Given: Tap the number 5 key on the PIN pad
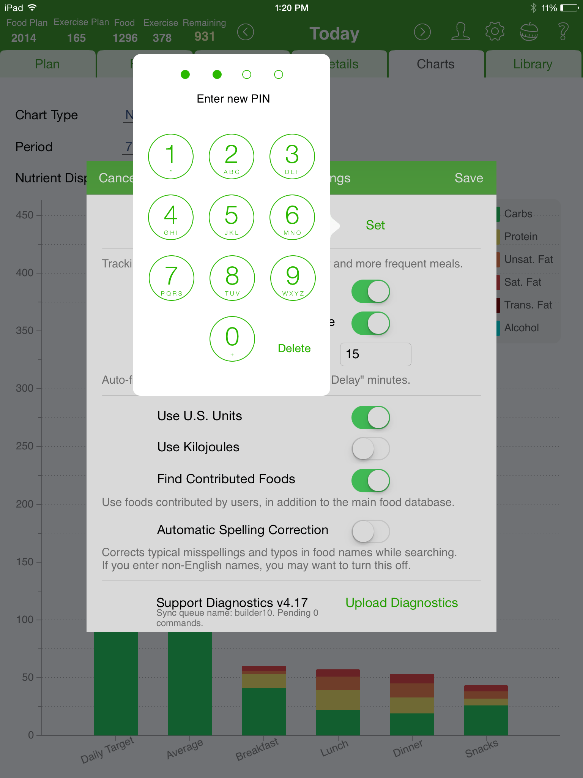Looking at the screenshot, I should tap(232, 217).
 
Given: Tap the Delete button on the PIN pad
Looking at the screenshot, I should tap(294, 348).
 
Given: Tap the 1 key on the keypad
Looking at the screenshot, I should tap(171, 157).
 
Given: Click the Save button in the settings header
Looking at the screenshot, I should tap(469, 178).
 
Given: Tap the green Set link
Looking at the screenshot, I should tap(375, 225).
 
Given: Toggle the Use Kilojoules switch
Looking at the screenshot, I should tap(370, 449).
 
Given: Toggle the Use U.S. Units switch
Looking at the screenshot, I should tap(370, 417).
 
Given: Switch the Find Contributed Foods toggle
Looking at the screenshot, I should tap(370, 481).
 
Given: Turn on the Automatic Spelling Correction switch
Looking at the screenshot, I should tap(370, 531).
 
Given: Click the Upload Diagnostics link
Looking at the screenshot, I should tap(402, 603).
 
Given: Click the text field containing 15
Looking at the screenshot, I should tap(375, 354).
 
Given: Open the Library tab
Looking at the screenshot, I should tap(533, 64).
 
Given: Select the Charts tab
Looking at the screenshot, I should tap(435, 64).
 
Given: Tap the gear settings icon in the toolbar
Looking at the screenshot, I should tap(495, 32).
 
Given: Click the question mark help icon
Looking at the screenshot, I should tap(563, 32).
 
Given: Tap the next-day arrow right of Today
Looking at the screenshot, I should tap(422, 32).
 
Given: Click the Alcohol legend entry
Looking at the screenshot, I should tap(521, 328).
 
